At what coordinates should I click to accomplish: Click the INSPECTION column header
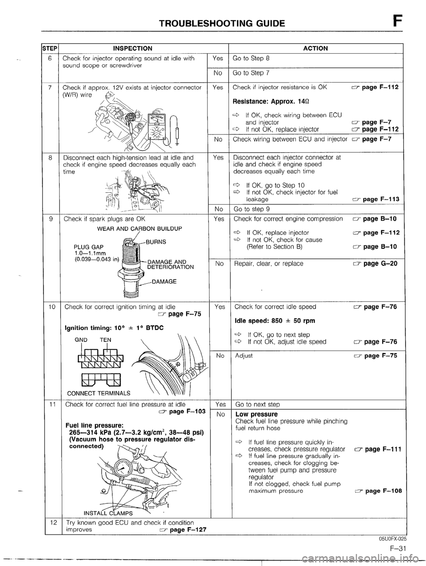point(133,48)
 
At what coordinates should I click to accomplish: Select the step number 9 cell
point(53,219)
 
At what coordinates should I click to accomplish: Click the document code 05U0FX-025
point(393,538)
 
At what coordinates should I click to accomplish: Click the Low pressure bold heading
point(256,414)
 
